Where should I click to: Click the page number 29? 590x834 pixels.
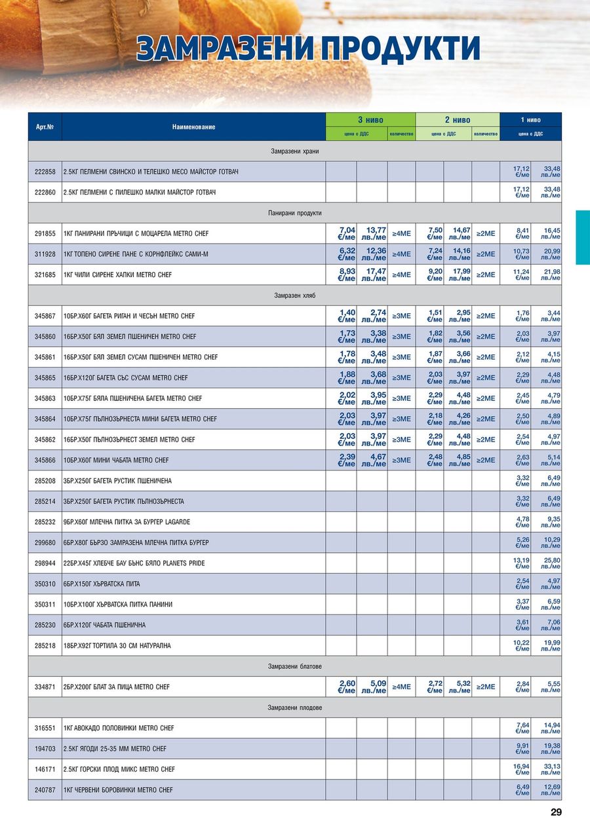click(x=556, y=812)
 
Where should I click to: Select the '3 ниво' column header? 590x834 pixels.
click(x=370, y=120)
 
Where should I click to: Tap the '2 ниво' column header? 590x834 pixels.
click(x=458, y=120)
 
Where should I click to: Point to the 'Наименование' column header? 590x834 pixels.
click(x=193, y=127)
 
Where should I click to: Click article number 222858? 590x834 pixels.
click(x=45, y=172)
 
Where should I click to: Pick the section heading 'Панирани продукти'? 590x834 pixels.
click(x=294, y=213)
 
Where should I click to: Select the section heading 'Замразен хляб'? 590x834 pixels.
click(x=294, y=295)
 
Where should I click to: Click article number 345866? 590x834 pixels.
click(x=45, y=460)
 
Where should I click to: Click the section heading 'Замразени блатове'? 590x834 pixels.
click(x=294, y=666)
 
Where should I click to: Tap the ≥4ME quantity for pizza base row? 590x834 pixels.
click(x=401, y=687)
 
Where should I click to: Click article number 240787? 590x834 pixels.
click(x=45, y=790)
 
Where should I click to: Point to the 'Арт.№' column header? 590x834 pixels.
click(x=45, y=127)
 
